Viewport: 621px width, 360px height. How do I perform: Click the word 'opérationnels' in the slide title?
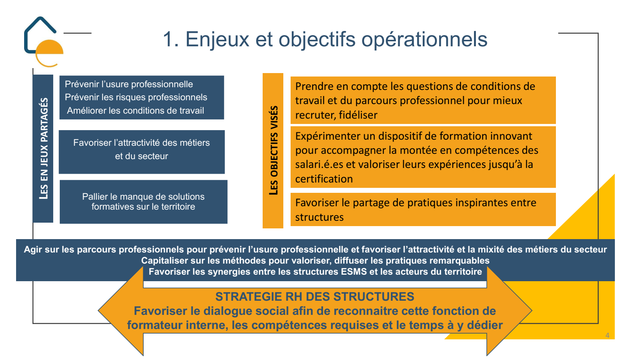[x=424, y=40]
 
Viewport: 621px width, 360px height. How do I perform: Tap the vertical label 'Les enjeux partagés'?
[x=44, y=148]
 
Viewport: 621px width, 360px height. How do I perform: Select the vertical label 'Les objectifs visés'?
[x=273, y=150]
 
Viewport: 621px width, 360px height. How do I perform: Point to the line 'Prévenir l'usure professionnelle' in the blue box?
[x=129, y=84]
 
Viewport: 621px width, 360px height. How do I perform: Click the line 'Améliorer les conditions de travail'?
[x=135, y=111]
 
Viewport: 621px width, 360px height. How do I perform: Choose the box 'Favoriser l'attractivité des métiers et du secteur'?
[x=142, y=152]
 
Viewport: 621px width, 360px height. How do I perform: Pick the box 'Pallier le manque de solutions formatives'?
[x=144, y=202]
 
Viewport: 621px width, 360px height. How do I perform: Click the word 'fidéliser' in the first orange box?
[x=358, y=115]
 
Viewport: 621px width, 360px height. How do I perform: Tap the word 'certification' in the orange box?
[x=324, y=179]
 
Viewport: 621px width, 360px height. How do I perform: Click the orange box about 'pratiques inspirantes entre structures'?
[x=423, y=210]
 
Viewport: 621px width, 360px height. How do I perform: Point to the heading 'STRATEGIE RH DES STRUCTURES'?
[x=315, y=296]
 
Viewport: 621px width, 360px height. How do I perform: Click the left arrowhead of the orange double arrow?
[x=121, y=311]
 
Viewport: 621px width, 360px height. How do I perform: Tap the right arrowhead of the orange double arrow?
[x=509, y=311]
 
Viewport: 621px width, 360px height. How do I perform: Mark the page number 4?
[x=608, y=336]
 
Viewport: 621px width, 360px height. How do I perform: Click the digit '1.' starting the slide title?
[x=171, y=40]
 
